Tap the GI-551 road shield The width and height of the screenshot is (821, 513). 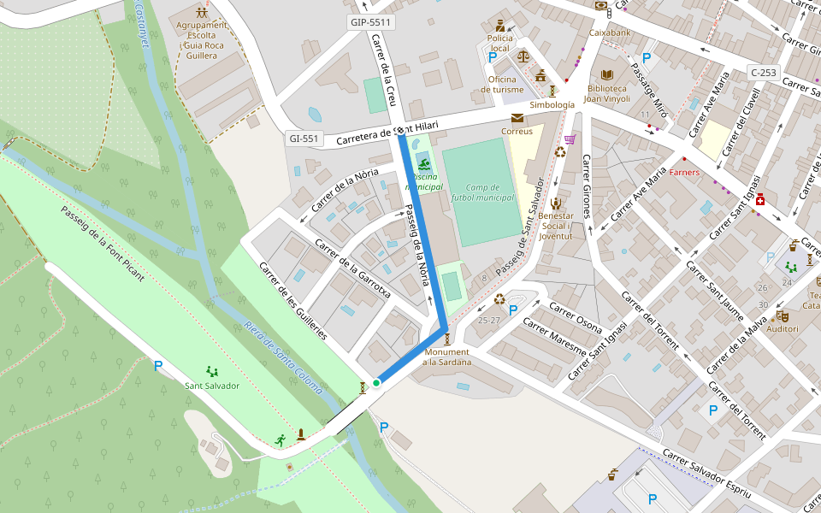point(304,139)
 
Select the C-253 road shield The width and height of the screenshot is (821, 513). point(762,72)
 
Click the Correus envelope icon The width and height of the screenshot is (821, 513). point(517,118)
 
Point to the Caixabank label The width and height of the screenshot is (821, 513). point(609,32)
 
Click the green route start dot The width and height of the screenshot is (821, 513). point(376,383)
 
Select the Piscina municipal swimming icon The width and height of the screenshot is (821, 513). point(424,163)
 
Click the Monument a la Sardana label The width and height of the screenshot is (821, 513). point(446,357)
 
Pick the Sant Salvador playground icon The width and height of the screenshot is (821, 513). point(211,371)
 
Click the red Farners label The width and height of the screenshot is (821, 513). point(684,173)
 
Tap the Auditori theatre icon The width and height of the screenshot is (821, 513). point(782,315)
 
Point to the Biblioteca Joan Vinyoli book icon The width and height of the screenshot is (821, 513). point(607,75)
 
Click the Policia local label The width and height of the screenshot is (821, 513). point(499,43)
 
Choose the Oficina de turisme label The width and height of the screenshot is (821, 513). point(502,85)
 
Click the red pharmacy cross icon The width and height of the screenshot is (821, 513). point(759,199)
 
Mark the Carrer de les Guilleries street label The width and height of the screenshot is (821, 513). point(292,300)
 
